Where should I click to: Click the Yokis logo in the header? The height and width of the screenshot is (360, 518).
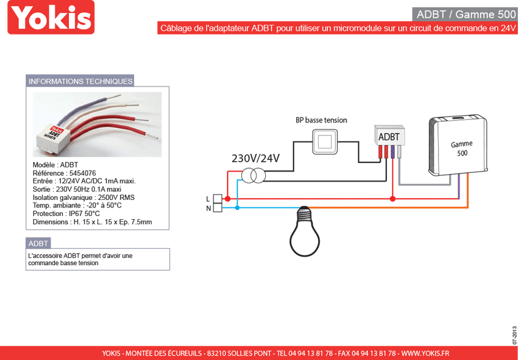coord(51,17)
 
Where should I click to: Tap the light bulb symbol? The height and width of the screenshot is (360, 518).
coord(305,231)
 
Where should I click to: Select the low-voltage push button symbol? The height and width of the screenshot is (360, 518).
coord(325,142)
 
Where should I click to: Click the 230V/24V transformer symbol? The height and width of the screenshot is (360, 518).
coord(253,175)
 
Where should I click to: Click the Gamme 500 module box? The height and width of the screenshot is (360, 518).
coord(458,146)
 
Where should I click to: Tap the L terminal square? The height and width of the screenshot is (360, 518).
coord(217,199)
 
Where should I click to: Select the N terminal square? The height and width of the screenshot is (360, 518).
coord(217,207)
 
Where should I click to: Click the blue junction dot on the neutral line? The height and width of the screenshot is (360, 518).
coord(237,207)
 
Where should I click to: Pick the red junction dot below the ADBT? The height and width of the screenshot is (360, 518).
coord(392,199)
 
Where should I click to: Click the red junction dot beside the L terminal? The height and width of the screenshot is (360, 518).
coord(227,199)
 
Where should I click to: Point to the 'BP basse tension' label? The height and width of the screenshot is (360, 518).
coord(321,120)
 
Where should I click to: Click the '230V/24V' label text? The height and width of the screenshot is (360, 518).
coord(255,159)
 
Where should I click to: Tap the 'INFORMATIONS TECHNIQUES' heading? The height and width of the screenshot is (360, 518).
coord(80,81)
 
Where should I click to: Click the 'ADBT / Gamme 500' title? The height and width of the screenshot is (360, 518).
coord(466,15)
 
